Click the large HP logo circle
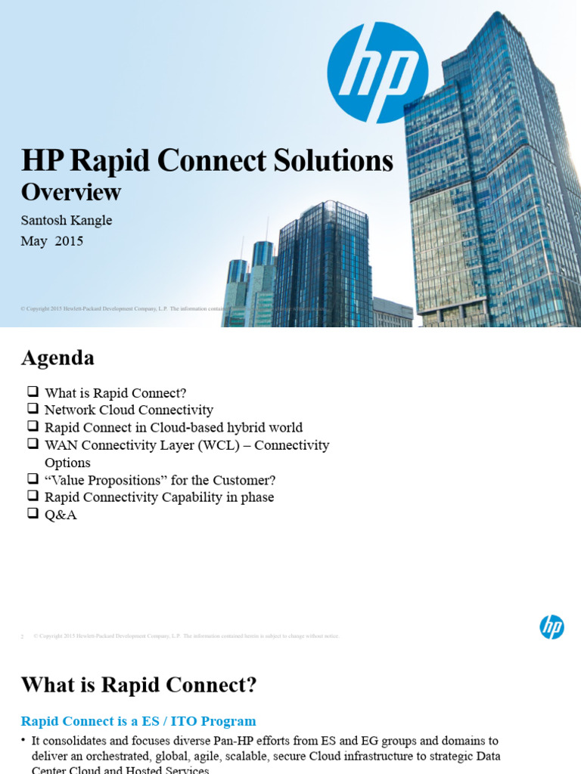377,73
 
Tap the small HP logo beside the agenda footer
551,627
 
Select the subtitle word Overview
70,192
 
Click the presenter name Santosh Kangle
67,220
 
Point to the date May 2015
52,241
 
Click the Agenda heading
57,358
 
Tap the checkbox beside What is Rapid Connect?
32,392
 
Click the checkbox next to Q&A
32,514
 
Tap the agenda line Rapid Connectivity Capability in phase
159,497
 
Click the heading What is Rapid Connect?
138,685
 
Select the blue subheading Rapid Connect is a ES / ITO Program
138,721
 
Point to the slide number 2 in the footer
23,636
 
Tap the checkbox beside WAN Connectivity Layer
32,444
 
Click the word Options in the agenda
67,463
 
